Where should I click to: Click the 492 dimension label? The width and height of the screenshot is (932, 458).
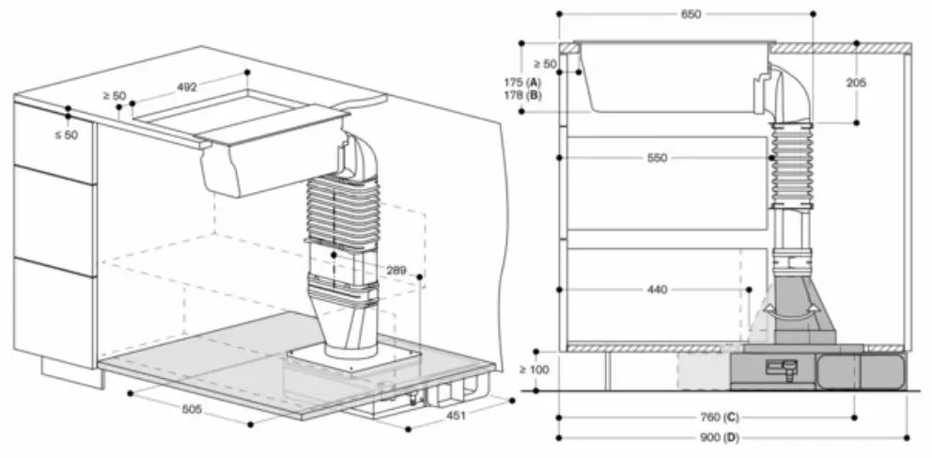(x=187, y=87)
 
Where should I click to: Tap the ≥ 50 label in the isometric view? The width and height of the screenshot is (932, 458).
(x=115, y=95)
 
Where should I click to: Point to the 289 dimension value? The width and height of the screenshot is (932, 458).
(x=396, y=271)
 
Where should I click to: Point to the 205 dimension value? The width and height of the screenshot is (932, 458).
(x=855, y=83)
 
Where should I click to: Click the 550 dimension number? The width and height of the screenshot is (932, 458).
(x=658, y=158)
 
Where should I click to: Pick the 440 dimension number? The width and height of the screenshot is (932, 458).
(x=658, y=290)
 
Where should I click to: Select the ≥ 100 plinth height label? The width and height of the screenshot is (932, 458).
(x=534, y=370)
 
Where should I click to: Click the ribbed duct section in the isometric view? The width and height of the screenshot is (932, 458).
(x=343, y=207)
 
